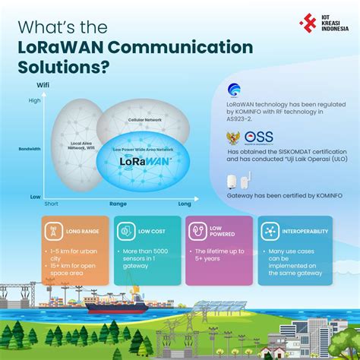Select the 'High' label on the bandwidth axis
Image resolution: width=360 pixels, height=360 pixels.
click(35, 100)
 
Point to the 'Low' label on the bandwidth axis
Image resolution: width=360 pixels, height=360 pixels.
click(35, 196)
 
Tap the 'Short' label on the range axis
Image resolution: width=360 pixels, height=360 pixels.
click(51, 204)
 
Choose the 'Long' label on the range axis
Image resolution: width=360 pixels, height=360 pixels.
click(185, 204)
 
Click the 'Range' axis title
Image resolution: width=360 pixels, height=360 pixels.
click(118, 204)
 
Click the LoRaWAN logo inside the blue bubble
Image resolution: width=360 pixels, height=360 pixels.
click(145, 161)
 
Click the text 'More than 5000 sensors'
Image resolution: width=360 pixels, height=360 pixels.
click(147, 252)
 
